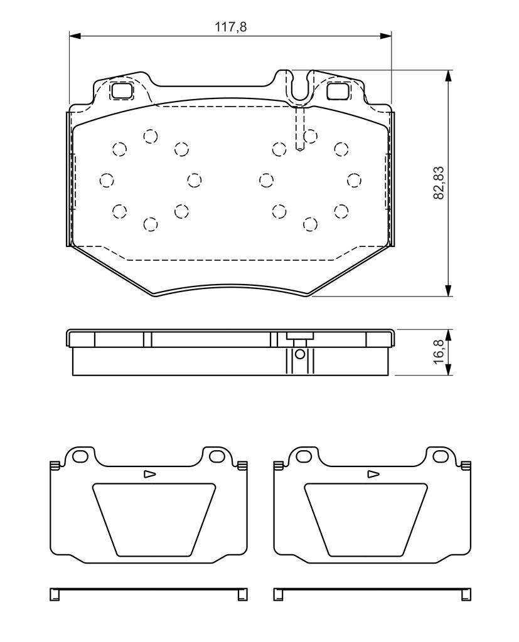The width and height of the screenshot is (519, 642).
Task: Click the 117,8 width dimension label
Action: click(x=231, y=27)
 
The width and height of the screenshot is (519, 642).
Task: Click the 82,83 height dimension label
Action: click(x=439, y=182)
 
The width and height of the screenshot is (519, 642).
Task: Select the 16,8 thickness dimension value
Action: click(x=439, y=352)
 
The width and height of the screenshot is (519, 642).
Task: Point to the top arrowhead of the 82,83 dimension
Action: click(x=449, y=75)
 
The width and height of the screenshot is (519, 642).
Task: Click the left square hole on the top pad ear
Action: click(x=122, y=90)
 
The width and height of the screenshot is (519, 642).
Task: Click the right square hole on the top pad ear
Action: click(x=339, y=90)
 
